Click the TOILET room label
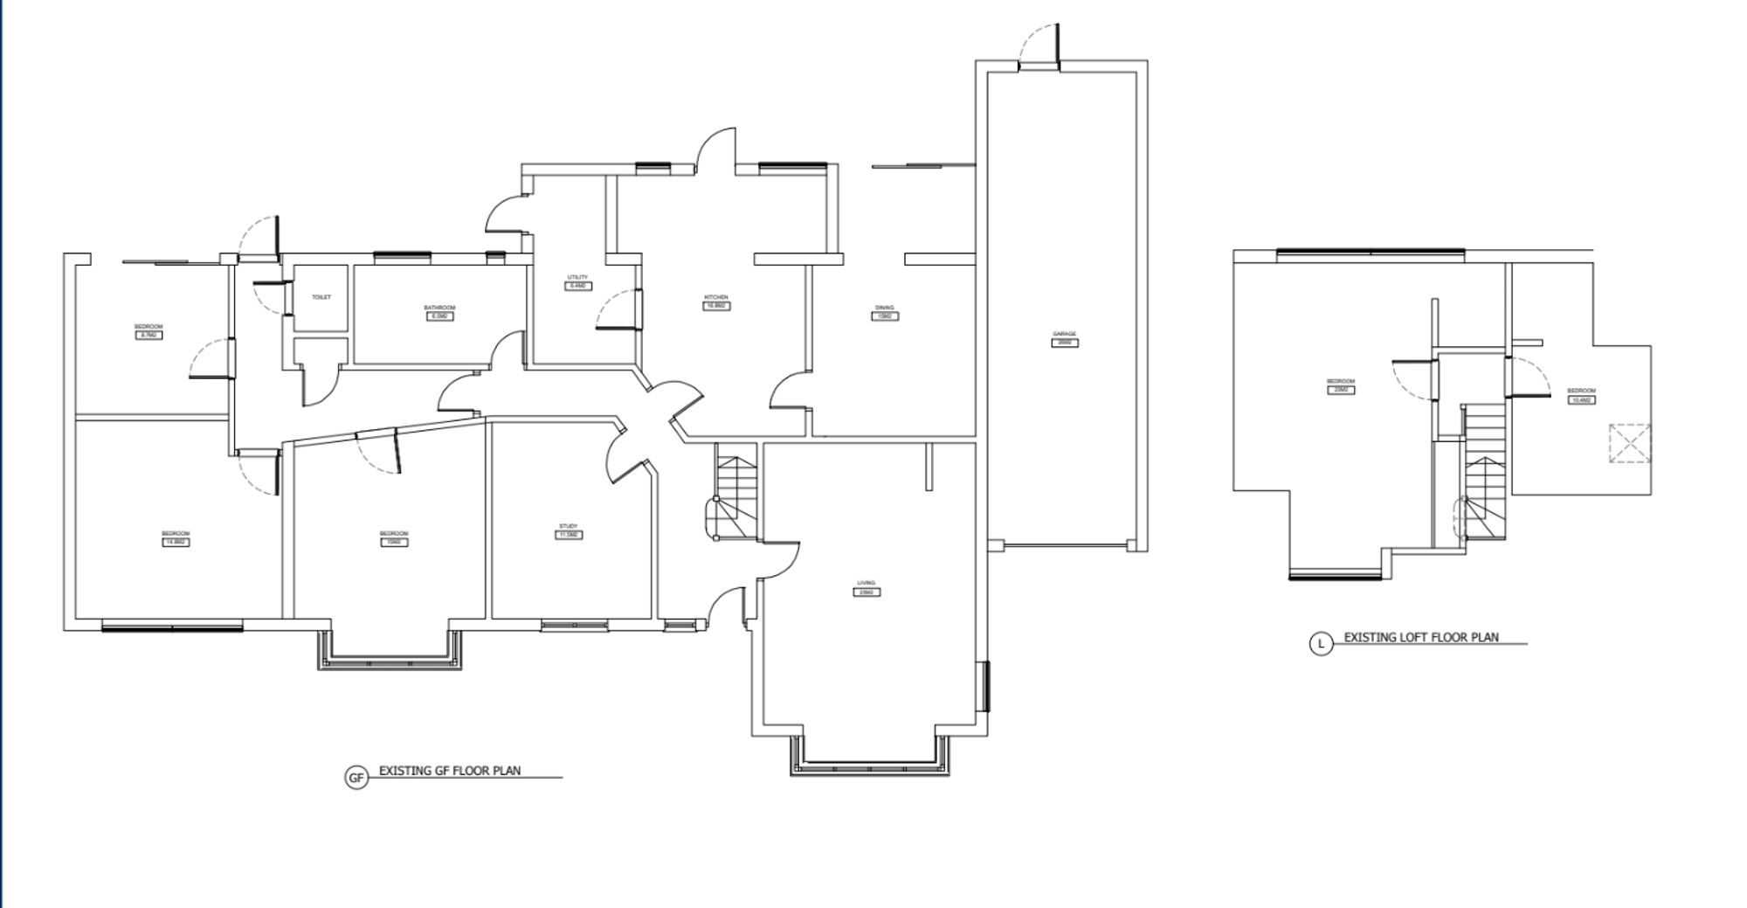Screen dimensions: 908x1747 (x=321, y=297)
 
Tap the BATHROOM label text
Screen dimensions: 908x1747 (x=439, y=308)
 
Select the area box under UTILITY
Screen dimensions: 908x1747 (x=577, y=286)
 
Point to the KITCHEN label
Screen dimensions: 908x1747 (x=716, y=298)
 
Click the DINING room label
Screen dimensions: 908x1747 (x=884, y=308)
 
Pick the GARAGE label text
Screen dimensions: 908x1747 (x=1064, y=334)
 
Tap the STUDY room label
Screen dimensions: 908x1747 (x=569, y=526)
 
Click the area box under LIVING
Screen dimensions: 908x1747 (x=866, y=593)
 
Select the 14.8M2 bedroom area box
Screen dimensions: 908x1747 (x=176, y=542)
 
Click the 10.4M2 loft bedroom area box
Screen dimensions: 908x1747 (x=1582, y=399)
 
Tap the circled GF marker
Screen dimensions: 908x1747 (x=356, y=778)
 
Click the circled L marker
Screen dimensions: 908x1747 (x=1321, y=644)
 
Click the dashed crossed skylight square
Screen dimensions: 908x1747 (x=1630, y=443)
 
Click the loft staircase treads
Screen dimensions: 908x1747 (x=1485, y=472)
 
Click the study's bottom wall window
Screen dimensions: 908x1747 (x=574, y=625)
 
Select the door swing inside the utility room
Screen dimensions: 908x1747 (x=616, y=310)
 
